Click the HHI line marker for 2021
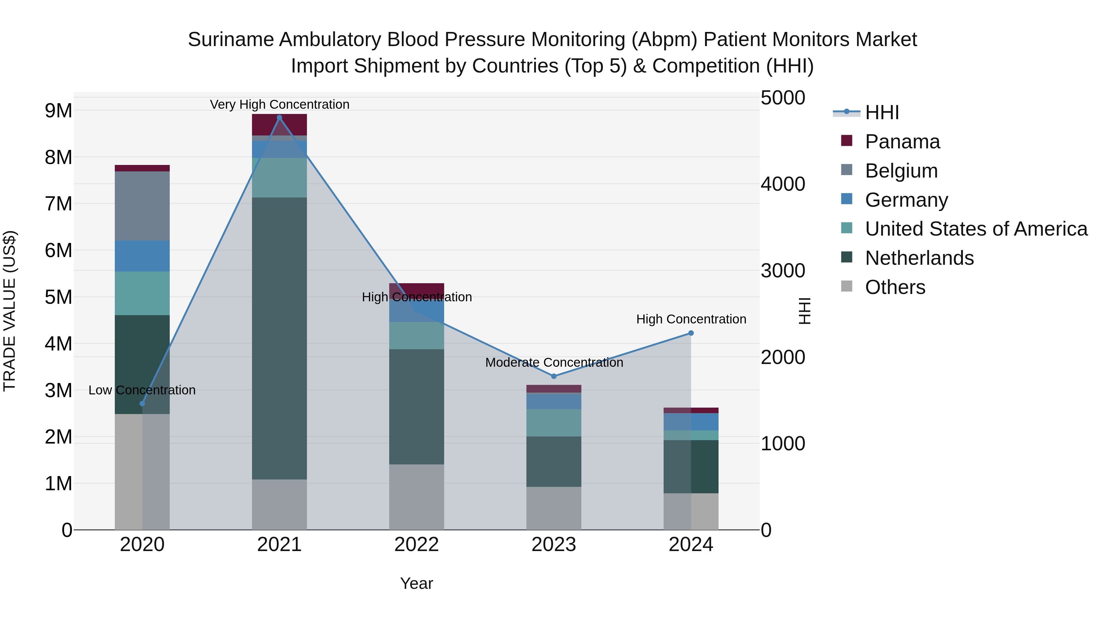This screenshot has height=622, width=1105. tap(279, 118)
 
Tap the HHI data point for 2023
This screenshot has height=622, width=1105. tap(554, 376)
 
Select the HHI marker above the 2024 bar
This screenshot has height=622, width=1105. tap(691, 333)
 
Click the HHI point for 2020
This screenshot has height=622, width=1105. tap(142, 404)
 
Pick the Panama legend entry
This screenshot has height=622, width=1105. tap(902, 142)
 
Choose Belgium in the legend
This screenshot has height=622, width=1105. tap(901, 171)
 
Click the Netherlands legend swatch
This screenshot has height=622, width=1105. tap(847, 258)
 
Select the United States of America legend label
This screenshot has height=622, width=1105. tap(976, 229)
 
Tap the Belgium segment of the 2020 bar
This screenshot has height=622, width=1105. tap(142, 206)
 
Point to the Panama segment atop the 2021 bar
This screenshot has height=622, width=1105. tap(279, 124)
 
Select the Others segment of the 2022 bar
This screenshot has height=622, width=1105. tap(417, 497)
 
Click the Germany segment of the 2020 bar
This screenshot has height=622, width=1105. tap(142, 256)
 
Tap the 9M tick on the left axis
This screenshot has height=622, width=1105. tap(58, 111)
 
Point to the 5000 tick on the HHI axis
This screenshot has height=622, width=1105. tap(783, 98)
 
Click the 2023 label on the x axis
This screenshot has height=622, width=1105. tap(554, 545)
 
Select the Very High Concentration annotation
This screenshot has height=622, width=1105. tap(280, 104)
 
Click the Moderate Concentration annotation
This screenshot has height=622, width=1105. tap(554, 362)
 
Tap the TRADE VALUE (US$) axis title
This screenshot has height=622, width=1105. tap(10, 311)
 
